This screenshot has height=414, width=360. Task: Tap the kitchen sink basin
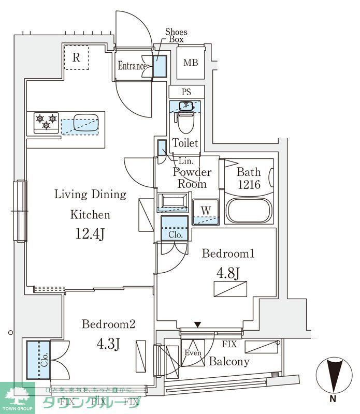83,123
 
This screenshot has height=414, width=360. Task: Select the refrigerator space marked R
76,57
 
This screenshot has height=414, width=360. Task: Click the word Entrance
132,66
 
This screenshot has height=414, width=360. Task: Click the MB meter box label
191,63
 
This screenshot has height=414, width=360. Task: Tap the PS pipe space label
186,92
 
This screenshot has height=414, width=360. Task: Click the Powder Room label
192,178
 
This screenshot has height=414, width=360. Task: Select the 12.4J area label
90,234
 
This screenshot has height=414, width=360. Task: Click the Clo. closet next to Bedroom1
174,228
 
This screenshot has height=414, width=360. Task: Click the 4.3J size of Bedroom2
108,343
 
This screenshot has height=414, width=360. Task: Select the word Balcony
229,362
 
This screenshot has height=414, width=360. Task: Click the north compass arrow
333,374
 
